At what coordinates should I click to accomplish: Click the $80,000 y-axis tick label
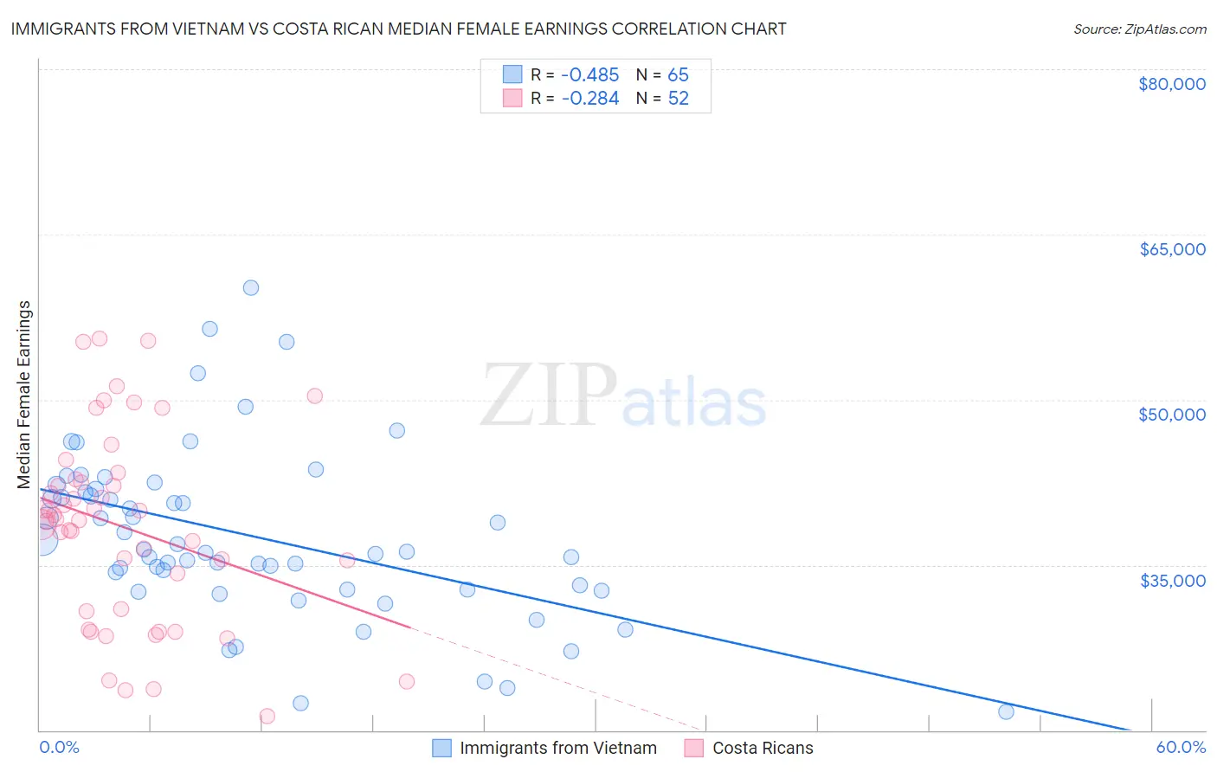[1171, 84]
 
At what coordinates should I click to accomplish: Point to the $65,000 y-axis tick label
[1171, 249]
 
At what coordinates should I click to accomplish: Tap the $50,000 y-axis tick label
[1171, 415]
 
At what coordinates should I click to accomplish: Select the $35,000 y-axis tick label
[1171, 580]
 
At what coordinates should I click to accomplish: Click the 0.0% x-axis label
[59, 747]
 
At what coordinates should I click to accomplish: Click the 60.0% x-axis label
[1181, 747]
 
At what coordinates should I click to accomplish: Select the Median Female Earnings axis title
[24, 395]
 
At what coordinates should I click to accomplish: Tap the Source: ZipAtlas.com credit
[1139, 29]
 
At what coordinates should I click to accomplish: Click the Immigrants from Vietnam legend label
[557, 748]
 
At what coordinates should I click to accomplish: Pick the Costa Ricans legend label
[763, 748]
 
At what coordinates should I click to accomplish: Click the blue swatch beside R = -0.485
[512, 74]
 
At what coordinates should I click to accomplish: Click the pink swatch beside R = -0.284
[512, 98]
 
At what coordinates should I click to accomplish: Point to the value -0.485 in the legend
[590, 74]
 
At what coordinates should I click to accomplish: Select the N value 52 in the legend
[678, 98]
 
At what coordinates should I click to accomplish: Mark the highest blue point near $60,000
[251, 287]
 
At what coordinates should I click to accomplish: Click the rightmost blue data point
[1006, 711]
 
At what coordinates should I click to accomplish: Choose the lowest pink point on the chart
[267, 716]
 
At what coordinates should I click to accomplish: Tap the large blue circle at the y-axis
[40, 540]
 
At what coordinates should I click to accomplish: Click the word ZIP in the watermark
[549, 396]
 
